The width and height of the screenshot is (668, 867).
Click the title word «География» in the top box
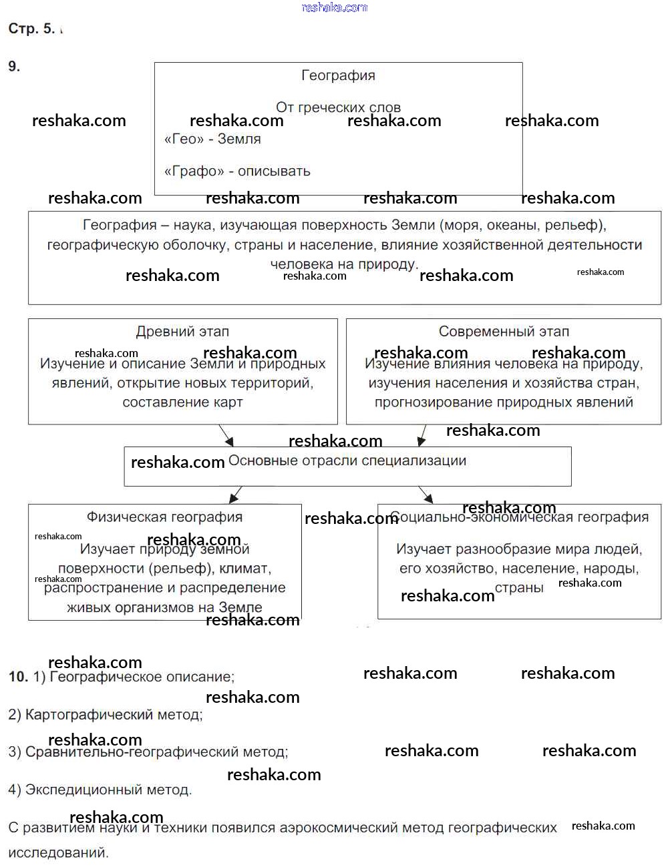(338, 75)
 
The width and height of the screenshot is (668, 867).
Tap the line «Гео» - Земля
(212, 139)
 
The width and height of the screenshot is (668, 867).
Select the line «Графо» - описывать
(237, 171)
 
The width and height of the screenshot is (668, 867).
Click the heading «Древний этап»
(182, 332)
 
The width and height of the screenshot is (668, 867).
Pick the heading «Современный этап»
(504, 332)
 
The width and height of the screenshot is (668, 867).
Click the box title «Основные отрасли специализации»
(347, 461)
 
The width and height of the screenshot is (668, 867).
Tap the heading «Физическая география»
(164, 517)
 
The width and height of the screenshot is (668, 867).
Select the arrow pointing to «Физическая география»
(235, 495)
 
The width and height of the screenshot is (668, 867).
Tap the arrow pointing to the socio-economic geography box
(426, 495)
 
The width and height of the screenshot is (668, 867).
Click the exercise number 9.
(14, 66)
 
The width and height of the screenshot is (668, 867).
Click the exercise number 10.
(18, 677)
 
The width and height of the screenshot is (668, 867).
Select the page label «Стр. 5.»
(31, 29)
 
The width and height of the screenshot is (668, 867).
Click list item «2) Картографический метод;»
(106, 715)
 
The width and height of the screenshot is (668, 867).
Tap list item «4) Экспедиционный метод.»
(100, 790)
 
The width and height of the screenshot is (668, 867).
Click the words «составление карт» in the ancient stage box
(182, 402)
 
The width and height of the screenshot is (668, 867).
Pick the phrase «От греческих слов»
(338, 107)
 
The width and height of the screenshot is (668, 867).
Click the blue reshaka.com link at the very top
(335, 7)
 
